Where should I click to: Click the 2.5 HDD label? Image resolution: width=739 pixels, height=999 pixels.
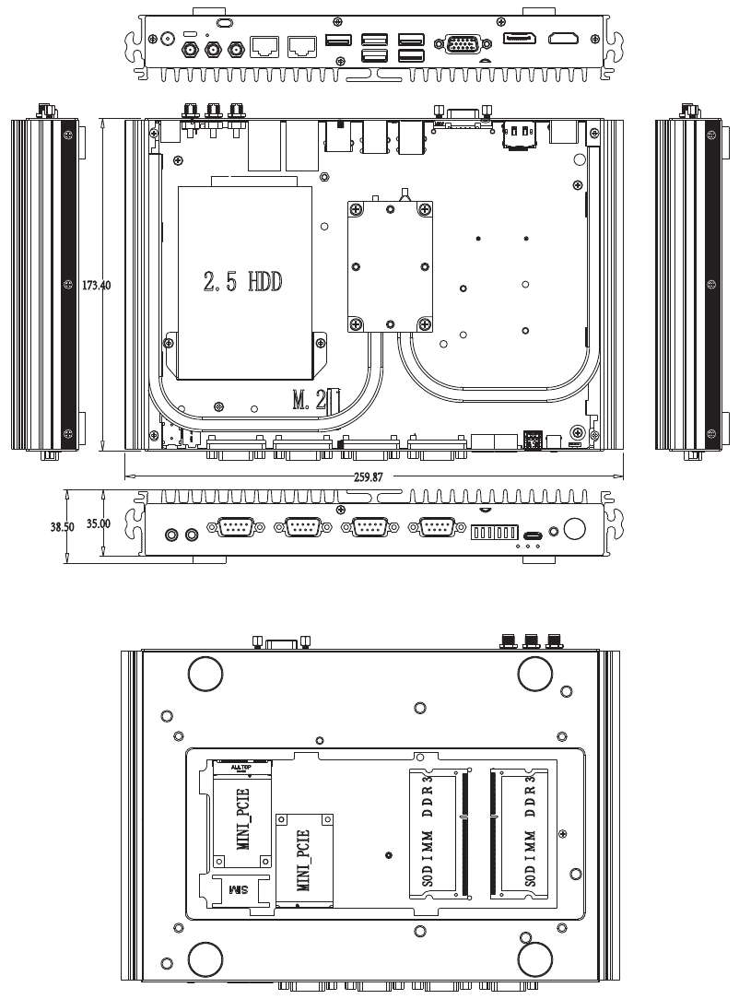242,282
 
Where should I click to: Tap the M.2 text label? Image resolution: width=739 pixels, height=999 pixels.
309,399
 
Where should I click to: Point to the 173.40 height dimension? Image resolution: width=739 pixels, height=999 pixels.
96,285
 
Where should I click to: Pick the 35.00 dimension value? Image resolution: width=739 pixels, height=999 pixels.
99,523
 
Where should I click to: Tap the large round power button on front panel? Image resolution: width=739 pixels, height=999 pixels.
574,529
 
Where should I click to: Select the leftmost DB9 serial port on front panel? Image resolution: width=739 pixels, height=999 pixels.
235,527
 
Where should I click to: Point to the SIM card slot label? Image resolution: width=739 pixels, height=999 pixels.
239,890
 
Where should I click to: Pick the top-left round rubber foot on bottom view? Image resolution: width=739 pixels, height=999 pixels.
205,674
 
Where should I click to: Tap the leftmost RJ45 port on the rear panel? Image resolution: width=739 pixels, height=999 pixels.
266,43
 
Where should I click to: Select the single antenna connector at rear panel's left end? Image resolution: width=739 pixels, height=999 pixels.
168,40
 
